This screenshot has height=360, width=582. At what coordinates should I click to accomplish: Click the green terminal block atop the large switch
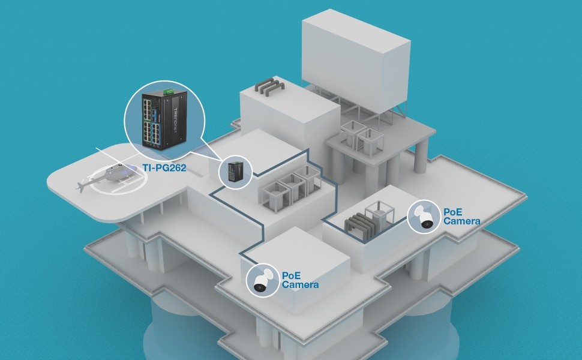click(169, 91)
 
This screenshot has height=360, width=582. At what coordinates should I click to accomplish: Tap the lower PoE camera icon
click(262, 280)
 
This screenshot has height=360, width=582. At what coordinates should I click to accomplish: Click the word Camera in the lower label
click(300, 284)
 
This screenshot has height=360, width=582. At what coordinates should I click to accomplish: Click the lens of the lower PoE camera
click(260, 287)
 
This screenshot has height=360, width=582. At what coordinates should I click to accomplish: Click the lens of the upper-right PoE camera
click(427, 224)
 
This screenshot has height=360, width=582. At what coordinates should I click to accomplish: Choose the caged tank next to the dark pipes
click(379, 214)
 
